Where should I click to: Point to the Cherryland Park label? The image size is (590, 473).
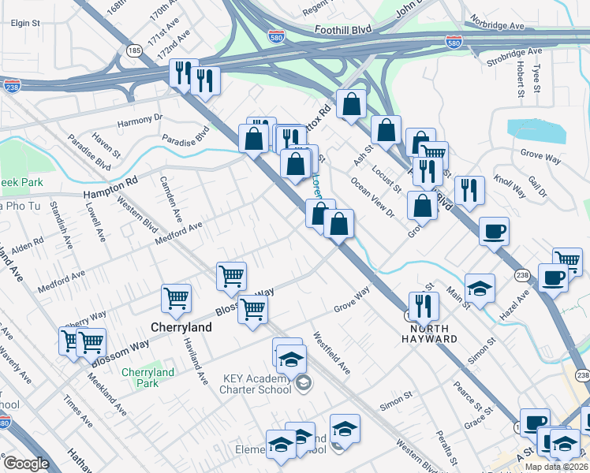(x=147, y=378)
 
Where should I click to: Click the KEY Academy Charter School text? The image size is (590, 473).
(x=258, y=384)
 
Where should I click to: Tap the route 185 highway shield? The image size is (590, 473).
(x=134, y=50)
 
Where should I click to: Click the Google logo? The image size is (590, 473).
(x=26, y=464)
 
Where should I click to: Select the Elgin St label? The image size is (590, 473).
(x=25, y=24)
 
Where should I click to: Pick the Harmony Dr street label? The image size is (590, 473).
(x=139, y=121)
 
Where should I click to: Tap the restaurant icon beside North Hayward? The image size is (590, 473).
(x=424, y=304)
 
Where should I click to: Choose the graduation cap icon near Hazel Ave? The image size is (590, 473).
(x=480, y=287)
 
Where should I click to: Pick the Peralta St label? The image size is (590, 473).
(x=446, y=447)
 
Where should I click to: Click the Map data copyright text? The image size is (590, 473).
(x=556, y=467)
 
